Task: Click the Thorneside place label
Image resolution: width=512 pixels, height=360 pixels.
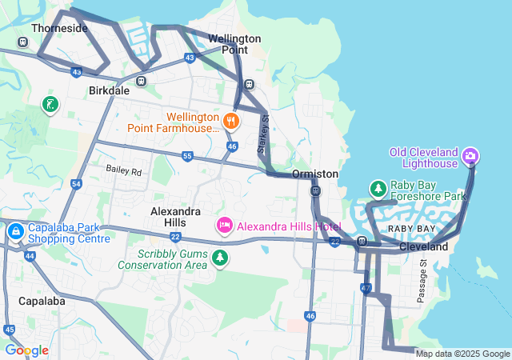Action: (x=59, y=28)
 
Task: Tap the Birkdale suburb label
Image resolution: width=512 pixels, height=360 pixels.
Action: (x=110, y=90)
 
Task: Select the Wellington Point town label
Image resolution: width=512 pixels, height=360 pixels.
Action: (x=234, y=44)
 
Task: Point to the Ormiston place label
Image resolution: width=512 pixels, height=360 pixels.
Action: (x=315, y=174)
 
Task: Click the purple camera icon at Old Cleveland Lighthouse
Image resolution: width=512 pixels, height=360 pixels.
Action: (x=470, y=154)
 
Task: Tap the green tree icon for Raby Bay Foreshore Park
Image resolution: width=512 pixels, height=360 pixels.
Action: (x=378, y=188)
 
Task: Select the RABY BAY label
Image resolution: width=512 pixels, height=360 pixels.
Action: (x=411, y=229)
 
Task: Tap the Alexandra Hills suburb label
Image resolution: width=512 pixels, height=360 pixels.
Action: (x=176, y=217)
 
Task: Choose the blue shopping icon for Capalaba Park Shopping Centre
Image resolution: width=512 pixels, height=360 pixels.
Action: (x=15, y=232)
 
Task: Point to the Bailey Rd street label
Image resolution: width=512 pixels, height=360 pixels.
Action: (x=123, y=171)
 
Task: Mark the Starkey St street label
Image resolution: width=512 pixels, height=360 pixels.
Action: (x=262, y=134)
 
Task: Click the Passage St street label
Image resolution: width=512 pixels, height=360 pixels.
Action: (x=422, y=282)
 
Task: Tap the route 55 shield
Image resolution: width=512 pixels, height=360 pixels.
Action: (x=187, y=156)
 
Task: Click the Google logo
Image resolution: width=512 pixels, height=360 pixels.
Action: (x=26, y=350)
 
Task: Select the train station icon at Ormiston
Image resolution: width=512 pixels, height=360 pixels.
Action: (x=316, y=190)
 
